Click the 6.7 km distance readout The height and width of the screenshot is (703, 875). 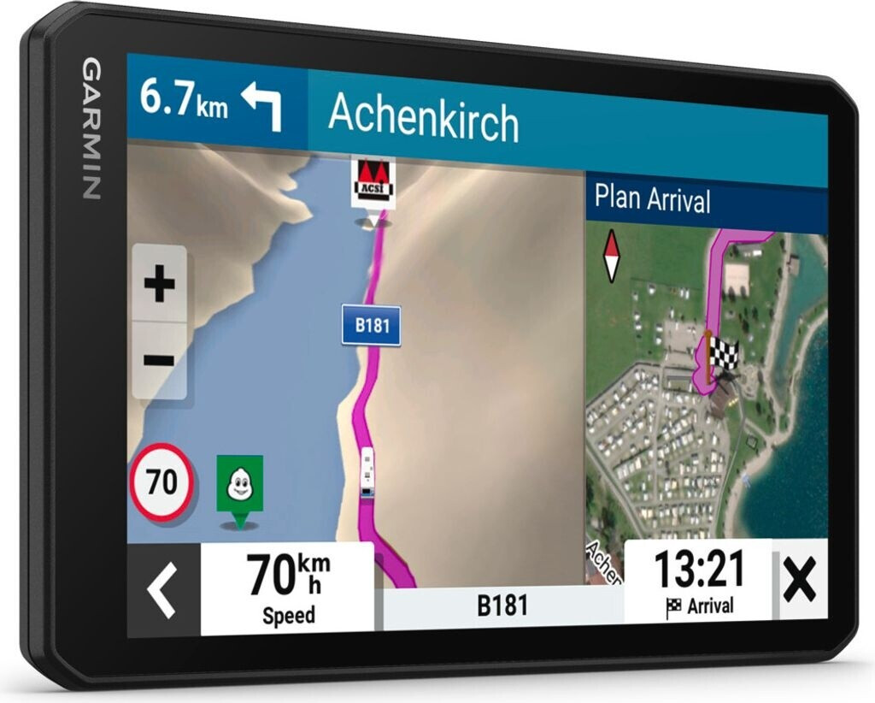(184, 100)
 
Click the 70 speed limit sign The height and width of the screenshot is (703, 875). (161, 483)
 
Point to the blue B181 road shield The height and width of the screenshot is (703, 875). (371, 326)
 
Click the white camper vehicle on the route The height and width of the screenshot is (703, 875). (367, 471)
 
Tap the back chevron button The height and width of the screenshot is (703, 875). (162, 590)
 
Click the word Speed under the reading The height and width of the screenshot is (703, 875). (288, 616)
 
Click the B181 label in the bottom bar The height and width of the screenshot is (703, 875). (502, 606)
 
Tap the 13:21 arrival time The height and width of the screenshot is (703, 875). (699, 569)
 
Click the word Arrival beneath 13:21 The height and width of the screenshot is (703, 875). (710, 606)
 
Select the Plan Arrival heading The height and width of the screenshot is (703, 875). (652, 199)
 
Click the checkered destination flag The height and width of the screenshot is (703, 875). (723, 354)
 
